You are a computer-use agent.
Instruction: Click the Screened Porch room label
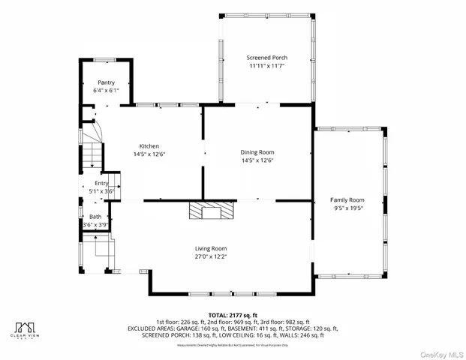pos(266,58)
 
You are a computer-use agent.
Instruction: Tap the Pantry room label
pos(105,82)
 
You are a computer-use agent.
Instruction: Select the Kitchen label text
pos(149,146)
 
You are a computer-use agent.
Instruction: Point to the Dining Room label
pos(257,152)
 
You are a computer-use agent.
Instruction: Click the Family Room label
pos(347,200)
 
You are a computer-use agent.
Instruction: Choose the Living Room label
pos(211,248)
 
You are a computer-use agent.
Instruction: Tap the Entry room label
pos(101,183)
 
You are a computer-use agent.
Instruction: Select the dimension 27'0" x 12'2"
pos(211,256)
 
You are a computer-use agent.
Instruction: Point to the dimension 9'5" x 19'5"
pos(347,208)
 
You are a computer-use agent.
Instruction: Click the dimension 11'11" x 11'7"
pos(266,66)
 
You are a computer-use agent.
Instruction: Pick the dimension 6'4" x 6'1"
pos(105,91)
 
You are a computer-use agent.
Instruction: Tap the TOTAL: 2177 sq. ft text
pos(232,315)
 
